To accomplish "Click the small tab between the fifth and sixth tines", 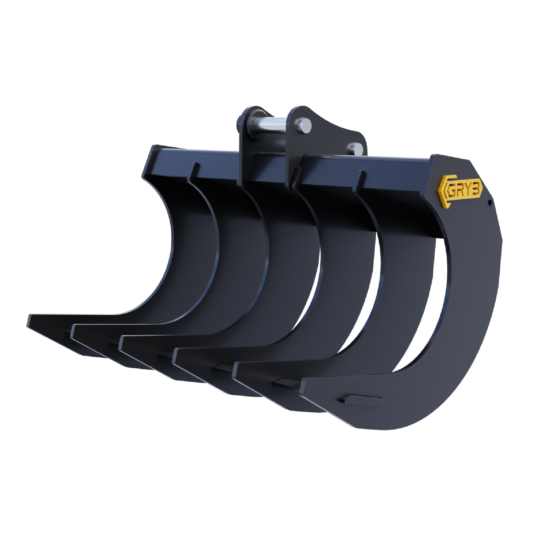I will (x=283, y=382).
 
